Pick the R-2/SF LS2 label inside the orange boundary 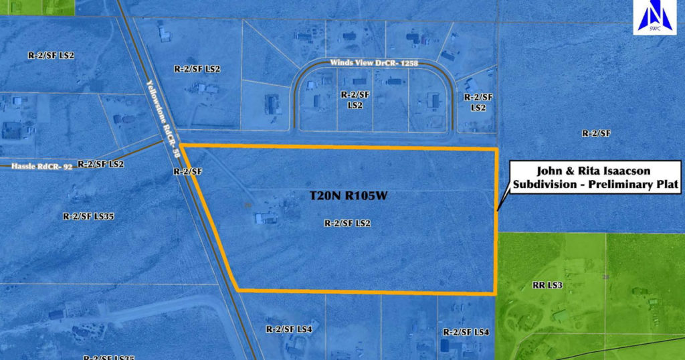coord(347,223)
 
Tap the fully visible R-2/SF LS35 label coord(88,216)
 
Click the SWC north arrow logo coord(647,17)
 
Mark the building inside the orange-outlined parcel coord(266,217)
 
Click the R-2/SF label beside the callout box coord(597,133)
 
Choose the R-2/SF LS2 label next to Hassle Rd coord(101,163)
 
